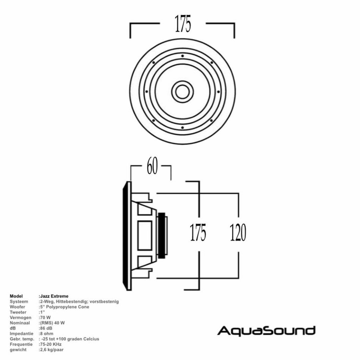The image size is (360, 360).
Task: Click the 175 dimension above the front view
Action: coord(182,24)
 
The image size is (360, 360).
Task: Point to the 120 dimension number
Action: coord(238,232)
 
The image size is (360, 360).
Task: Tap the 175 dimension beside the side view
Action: coord(198,232)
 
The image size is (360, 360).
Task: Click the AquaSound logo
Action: coord(266,331)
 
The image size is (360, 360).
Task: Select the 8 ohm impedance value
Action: coord(46,333)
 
